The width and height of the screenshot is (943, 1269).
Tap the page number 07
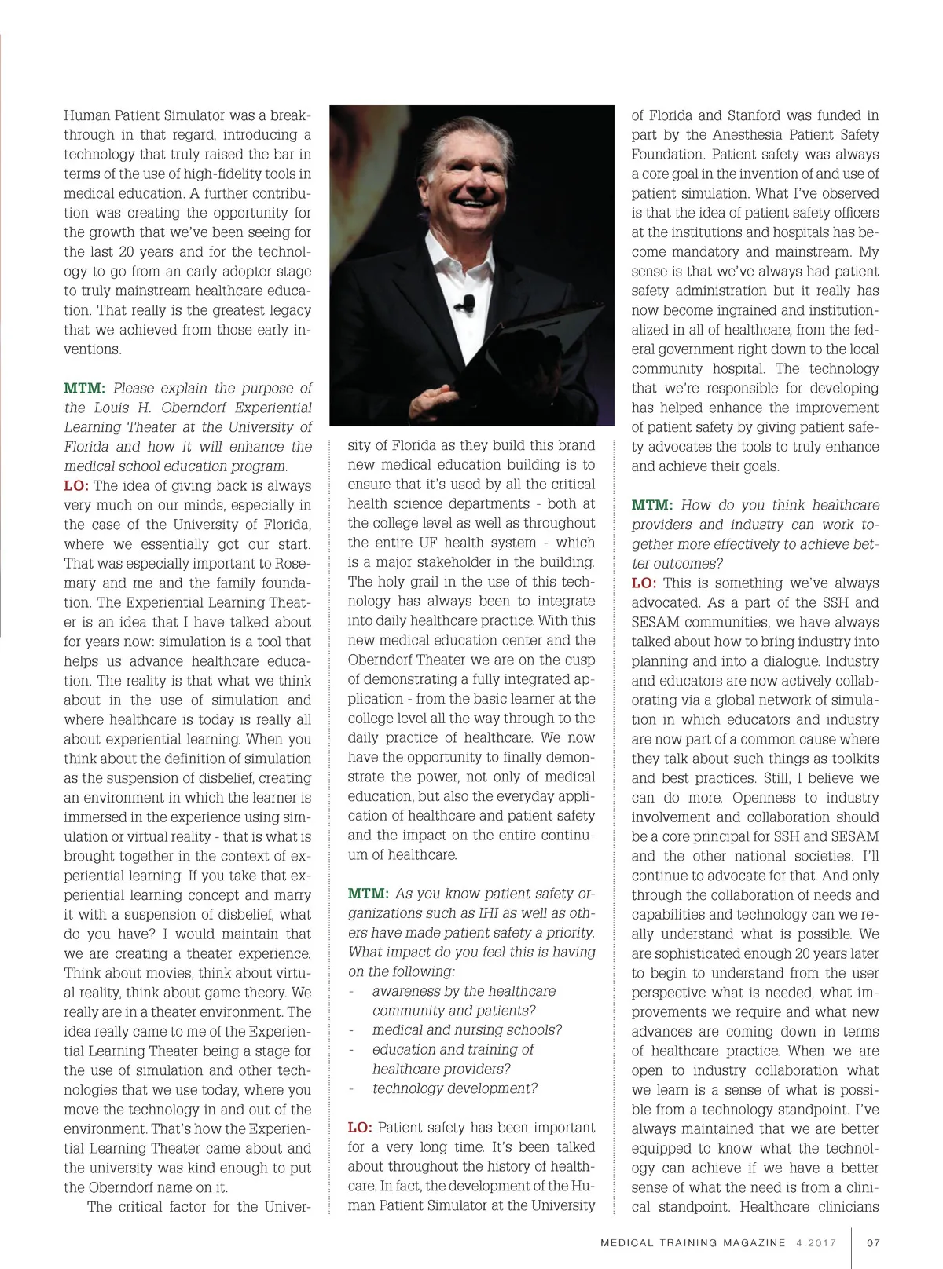tap(873, 1243)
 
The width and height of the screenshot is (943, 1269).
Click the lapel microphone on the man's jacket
tap(469, 302)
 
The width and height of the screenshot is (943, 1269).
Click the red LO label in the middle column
tap(359, 1128)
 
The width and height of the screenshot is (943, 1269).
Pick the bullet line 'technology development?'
tap(454, 1088)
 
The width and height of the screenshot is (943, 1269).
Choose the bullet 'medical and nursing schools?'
tap(467, 1030)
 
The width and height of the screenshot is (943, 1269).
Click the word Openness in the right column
tap(773, 798)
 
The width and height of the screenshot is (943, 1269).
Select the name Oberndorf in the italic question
tap(196, 408)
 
